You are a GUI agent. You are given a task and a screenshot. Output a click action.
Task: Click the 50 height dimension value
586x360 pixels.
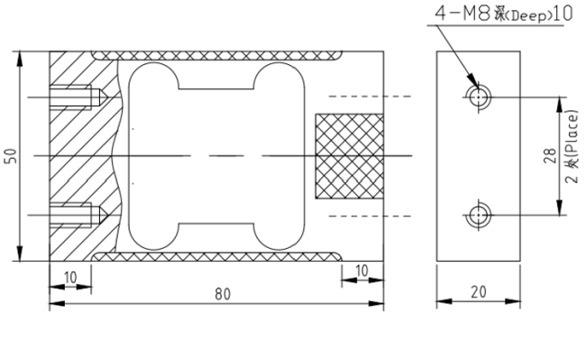click(x=11, y=156)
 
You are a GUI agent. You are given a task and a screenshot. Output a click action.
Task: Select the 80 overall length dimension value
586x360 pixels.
click(x=223, y=294)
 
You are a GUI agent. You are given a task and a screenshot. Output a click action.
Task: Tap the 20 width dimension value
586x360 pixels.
click(x=479, y=292)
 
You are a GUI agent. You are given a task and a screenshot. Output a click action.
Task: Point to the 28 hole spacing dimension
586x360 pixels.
click(x=550, y=156)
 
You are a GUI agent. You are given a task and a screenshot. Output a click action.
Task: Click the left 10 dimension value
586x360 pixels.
click(x=70, y=278)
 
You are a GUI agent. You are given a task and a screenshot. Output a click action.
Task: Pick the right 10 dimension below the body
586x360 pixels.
click(x=362, y=271)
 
